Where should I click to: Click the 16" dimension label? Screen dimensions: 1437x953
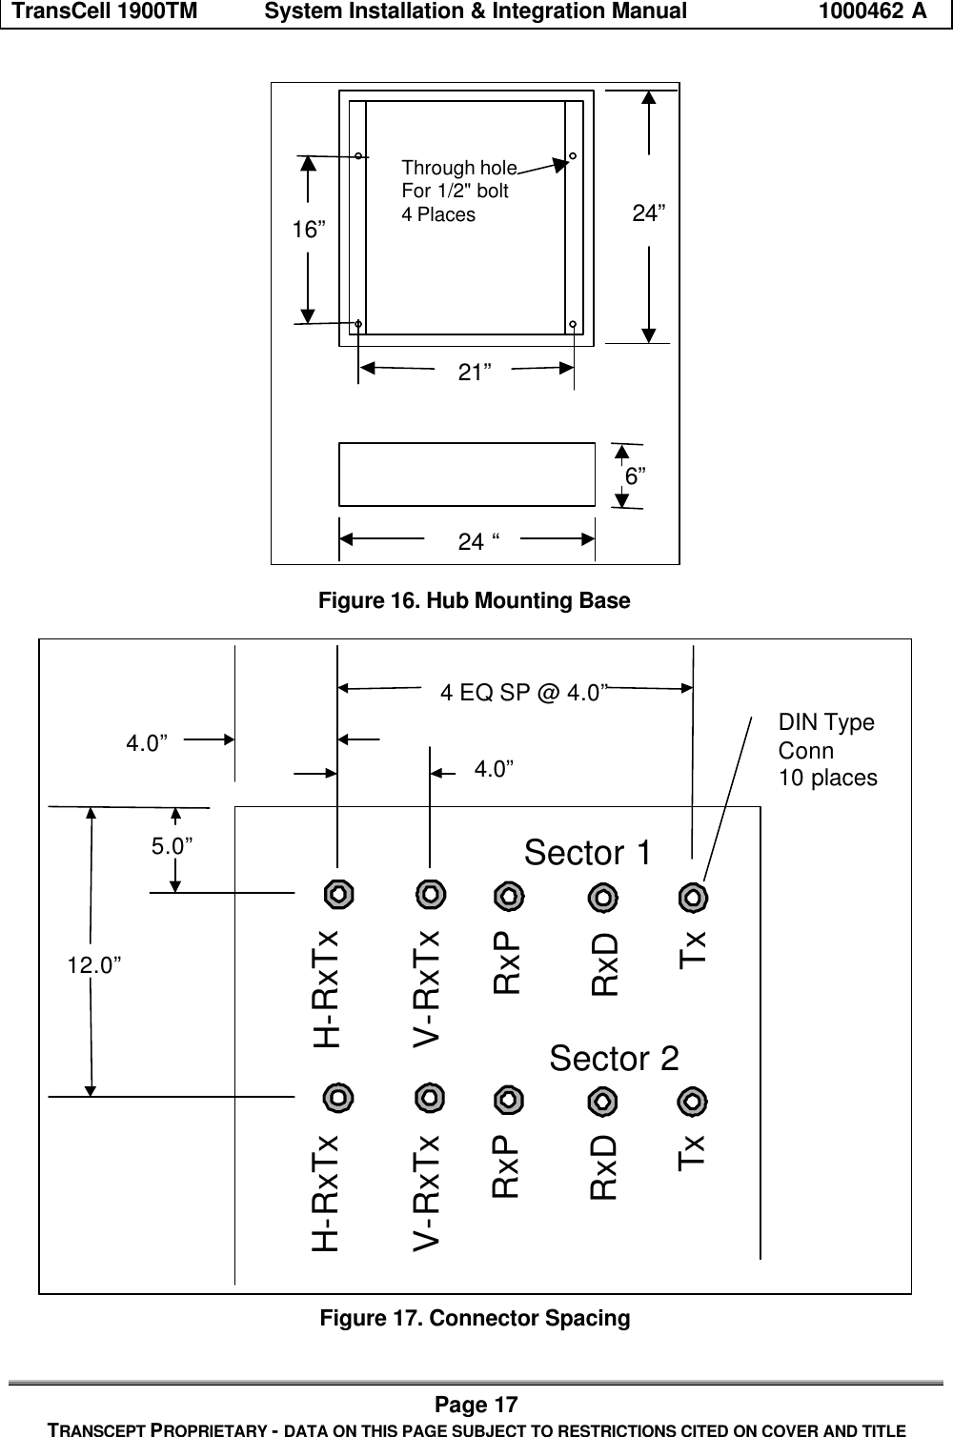pyautogui.click(x=308, y=231)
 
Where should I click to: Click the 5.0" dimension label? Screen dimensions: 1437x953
pyautogui.click(x=174, y=846)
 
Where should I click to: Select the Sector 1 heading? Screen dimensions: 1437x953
pyautogui.click(x=588, y=853)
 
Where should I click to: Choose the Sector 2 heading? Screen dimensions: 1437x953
pyautogui.click(x=615, y=1058)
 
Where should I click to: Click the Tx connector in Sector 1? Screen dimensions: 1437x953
pyautogui.click(x=692, y=898)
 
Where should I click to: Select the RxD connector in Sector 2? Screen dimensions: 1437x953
pyautogui.click(x=601, y=1102)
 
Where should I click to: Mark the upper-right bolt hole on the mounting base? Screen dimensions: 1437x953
pyautogui.click(x=573, y=155)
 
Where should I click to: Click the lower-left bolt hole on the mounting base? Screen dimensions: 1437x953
pyautogui.click(x=357, y=324)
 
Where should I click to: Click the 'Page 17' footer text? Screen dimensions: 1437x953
pyautogui.click(x=476, y=1405)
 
